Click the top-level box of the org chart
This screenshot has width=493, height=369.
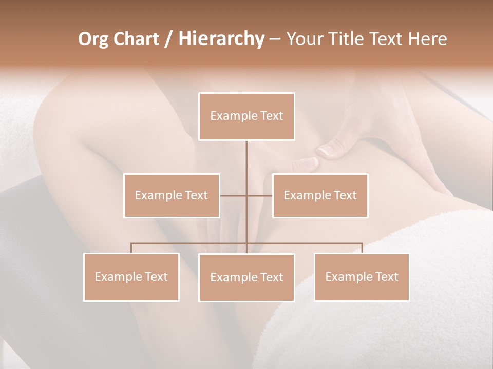tap(246, 116)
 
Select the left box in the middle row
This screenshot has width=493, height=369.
tap(172, 195)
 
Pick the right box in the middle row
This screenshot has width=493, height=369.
tap(320, 195)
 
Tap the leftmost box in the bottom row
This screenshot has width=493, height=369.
tap(131, 277)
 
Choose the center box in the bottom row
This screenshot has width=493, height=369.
tap(246, 277)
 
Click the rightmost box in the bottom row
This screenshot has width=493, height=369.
tap(362, 277)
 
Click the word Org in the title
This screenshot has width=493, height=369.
tap(93, 38)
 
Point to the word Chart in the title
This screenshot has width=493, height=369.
tap(136, 38)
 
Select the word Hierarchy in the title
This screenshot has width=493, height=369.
tap(221, 38)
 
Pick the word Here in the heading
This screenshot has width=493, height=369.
tap(428, 38)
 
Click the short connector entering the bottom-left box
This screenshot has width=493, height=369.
tap(131, 248)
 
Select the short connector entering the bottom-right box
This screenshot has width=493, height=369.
tap(362, 248)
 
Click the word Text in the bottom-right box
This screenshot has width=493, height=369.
tap(386, 277)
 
